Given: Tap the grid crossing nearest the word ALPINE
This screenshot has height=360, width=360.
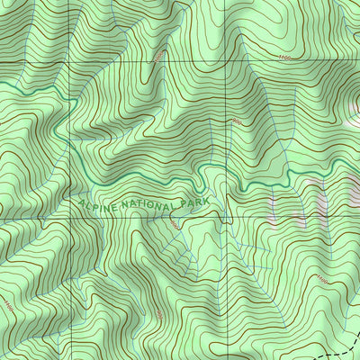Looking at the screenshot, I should tap(71, 217).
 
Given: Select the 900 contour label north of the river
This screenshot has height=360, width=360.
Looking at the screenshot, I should tap(236, 121).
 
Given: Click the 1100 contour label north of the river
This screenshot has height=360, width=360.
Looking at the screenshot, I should tap(286, 58).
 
